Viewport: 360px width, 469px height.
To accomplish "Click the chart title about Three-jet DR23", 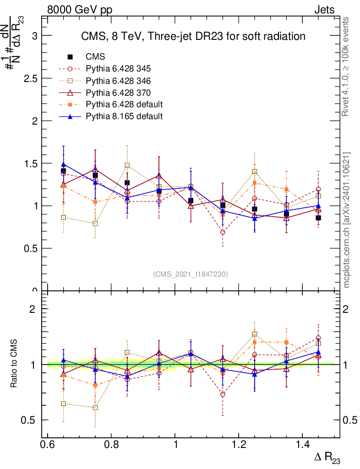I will (x=193, y=36).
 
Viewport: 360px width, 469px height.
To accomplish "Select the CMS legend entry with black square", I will (x=95, y=57).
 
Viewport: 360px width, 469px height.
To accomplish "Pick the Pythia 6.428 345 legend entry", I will (x=118, y=69).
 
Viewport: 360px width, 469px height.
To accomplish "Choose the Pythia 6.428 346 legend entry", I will (x=118, y=81).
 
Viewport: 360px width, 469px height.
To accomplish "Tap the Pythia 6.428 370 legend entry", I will (x=118, y=93).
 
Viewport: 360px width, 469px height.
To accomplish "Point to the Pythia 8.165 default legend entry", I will (x=124, y=116).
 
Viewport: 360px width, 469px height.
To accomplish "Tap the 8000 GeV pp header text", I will (x=80, y=10).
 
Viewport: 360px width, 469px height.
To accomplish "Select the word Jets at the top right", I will (x=324, y=10).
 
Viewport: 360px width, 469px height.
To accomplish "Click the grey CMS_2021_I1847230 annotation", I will (x=191, y=274).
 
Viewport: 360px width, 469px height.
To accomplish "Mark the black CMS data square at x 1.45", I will (x=318, y=218).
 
